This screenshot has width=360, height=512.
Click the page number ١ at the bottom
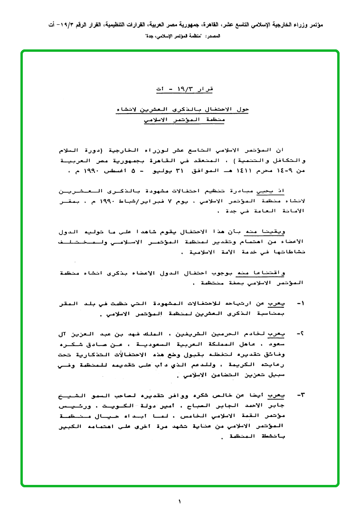[180, 501]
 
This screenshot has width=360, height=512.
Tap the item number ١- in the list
[300, 302]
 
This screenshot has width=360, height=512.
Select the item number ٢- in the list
[300, 335]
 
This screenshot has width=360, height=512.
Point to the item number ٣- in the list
[300, 395]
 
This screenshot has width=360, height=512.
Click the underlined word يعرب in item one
[281, 302]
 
